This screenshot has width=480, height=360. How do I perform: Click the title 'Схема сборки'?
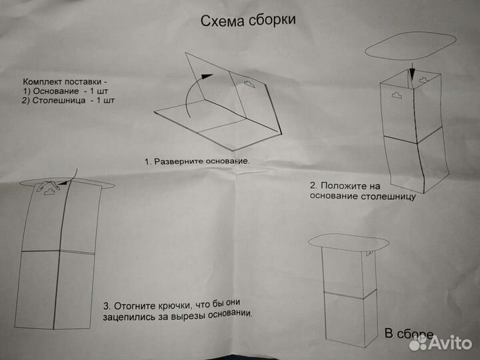click(x=248, y=20)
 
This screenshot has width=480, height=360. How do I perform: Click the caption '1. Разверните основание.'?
click(x=197, y=161)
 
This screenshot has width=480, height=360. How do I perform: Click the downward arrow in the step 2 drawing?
click(x=413, y=71)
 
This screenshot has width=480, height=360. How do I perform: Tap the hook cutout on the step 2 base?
click(x=399, y=95)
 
